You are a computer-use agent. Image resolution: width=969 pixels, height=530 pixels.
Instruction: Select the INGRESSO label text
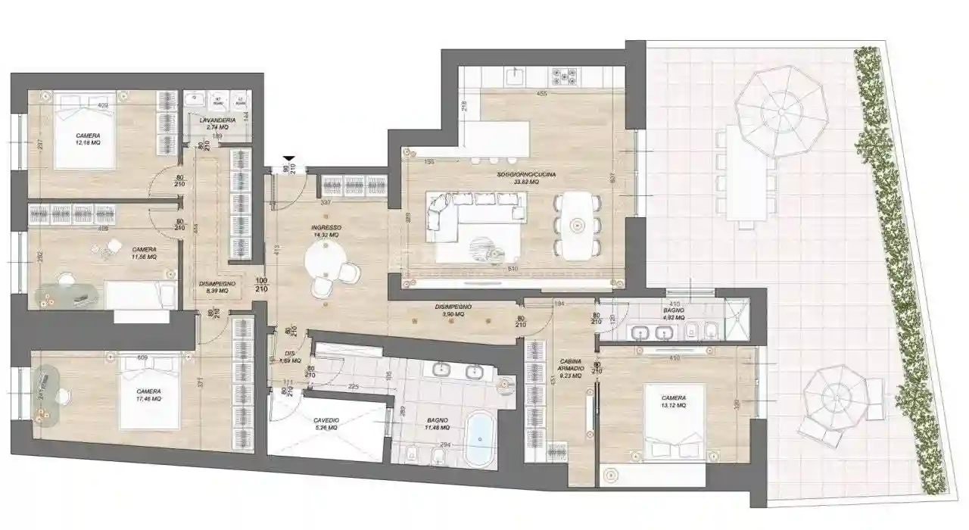click(x=326, y=227)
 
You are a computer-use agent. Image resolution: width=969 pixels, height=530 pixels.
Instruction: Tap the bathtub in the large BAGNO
click(x=478, y=440)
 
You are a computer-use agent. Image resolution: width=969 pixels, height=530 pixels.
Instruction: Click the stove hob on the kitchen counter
click(x=565, y=76)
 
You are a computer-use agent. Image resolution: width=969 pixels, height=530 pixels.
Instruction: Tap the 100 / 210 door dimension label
click(x=262, y=284)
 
